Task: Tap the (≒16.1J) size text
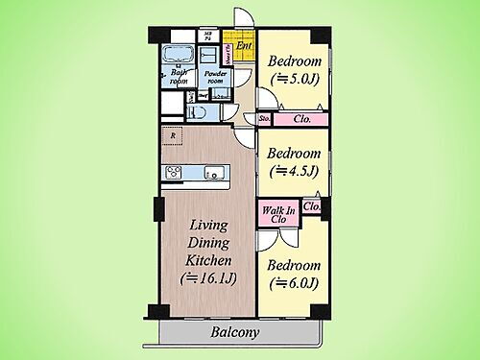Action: [209, 279]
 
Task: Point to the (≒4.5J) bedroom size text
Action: [293, 174]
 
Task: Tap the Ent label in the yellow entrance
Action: [244, 45]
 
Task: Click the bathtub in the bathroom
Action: [178, 53]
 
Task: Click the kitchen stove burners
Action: [174, 173]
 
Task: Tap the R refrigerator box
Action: [172, 135]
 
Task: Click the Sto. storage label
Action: [265, 119]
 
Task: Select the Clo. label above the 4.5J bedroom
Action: [300, 119]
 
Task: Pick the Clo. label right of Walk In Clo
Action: [311, 205]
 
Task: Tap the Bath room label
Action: [179, 77]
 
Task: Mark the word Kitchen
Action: [209, 259]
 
